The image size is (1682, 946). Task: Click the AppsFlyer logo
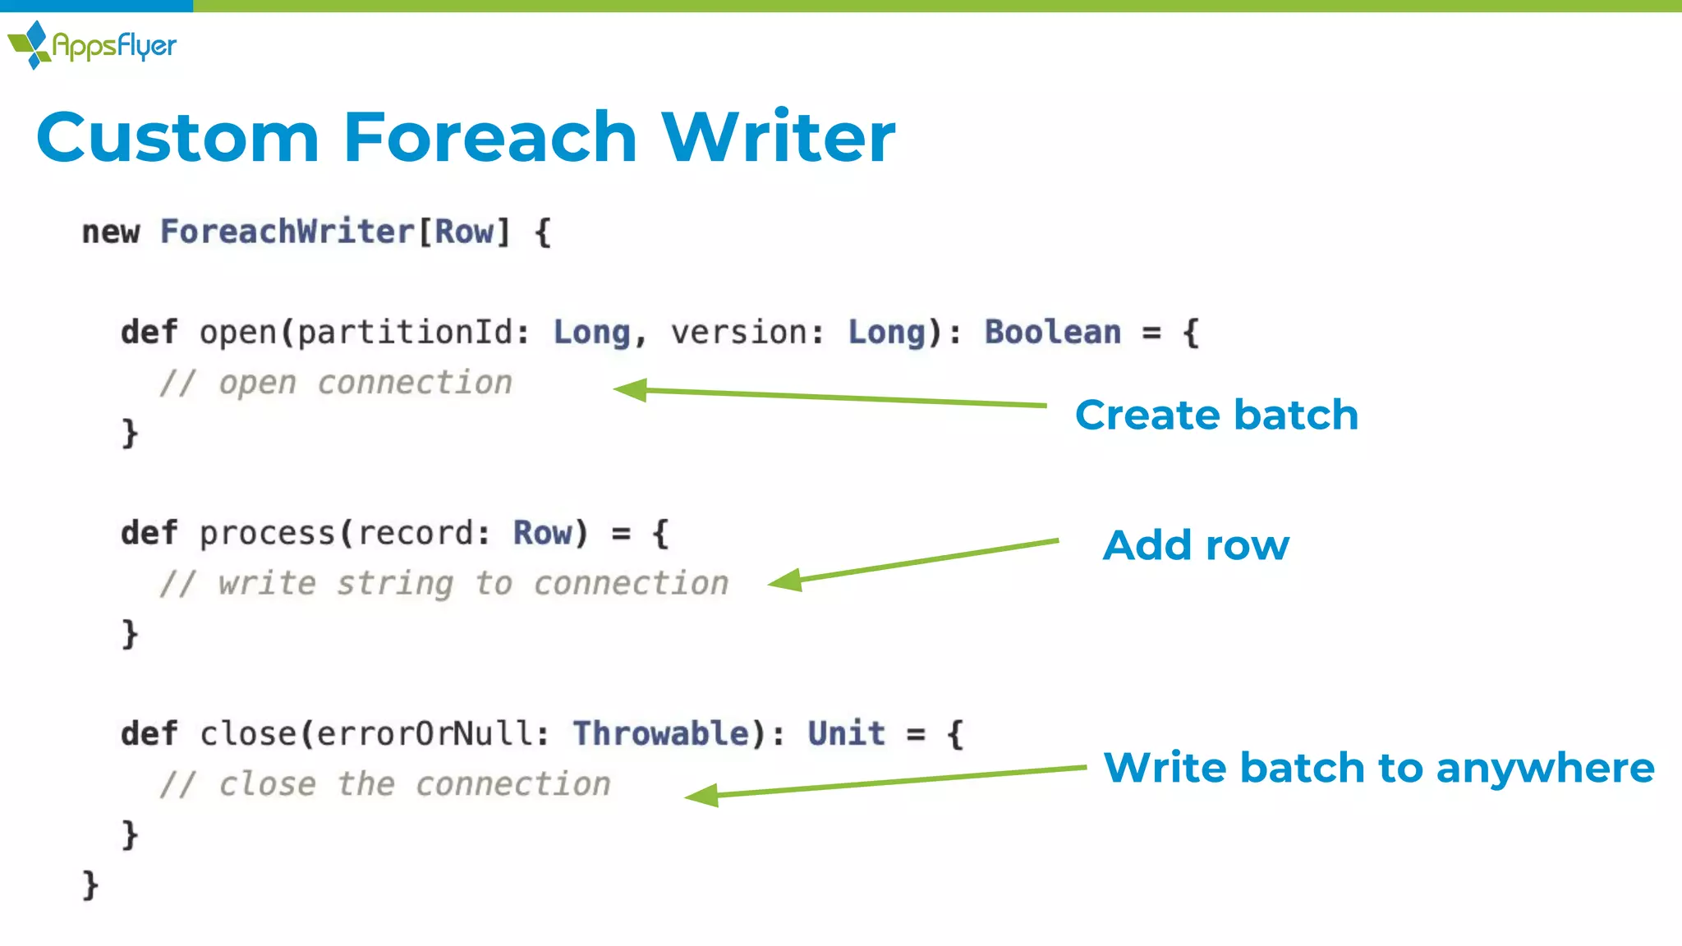pyautogui.click(x=92, y=45)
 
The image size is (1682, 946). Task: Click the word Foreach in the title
pyautogui.click(x=489, y=137)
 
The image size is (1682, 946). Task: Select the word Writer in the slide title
pyautogui.click(x=778, y=137)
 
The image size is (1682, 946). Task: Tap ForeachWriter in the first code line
pyautogui.click(x=287, y=232)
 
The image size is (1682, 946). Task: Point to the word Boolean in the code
pyautogui.click(x=1052, y=333)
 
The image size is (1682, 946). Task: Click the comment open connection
pyautogui.click(x=336, y=383)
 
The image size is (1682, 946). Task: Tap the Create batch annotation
pyautogui.click(x=1216, y=415)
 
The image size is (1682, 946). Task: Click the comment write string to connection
pyautogui.click(x=444, y=584)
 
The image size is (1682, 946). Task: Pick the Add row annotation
pyautogui.click(x=1196, y=545)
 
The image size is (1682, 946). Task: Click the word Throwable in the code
pyautogui.click(x=661, y=734)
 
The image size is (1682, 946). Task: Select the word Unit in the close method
pyautogui.click(x=847, y=734)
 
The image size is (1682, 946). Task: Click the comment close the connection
pyautogui.click(x=385, y=785)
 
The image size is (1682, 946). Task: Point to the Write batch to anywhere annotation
pyautogui.click(x=1378, y=768)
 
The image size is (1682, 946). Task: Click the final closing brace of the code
pyautogui.click(x=90, y=885)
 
